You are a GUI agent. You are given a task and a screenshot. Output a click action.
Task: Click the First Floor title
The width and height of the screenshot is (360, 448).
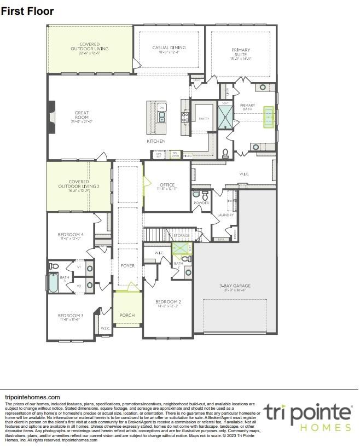[x=27, y=11]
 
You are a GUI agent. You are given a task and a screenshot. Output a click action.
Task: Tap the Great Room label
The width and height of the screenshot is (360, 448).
[x=82, y=115]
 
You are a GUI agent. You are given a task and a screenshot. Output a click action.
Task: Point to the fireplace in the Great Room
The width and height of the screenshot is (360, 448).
[x=50, y=116]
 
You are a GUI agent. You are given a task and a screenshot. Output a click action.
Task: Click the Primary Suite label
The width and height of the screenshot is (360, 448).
[x=241, y=53]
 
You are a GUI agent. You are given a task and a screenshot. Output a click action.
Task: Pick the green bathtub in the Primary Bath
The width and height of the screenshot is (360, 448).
[x=269, y=117]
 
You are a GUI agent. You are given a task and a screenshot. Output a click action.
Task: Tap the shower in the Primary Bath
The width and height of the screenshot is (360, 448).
[x=225, y=117]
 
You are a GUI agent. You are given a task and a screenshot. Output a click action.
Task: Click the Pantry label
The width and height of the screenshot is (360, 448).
[x=204, y=118]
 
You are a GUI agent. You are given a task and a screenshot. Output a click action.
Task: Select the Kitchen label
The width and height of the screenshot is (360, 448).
[x=156, y=141]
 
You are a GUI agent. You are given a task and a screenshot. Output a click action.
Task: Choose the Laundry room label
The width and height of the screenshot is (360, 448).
[x=225, y=215]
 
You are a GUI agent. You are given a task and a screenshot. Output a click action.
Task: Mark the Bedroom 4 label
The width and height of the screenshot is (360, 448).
[x=70, y=236]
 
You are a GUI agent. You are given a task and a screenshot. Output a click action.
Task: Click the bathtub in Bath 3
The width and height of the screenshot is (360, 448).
[x=53, y=284]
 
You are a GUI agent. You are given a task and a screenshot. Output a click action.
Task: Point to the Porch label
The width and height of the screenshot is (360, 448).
[x=127, y=315]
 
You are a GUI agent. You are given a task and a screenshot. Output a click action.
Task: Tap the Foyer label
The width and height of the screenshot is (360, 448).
[x=127, y=266]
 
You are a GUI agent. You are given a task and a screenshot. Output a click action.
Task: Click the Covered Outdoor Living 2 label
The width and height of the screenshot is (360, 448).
[x=84, y=186]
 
